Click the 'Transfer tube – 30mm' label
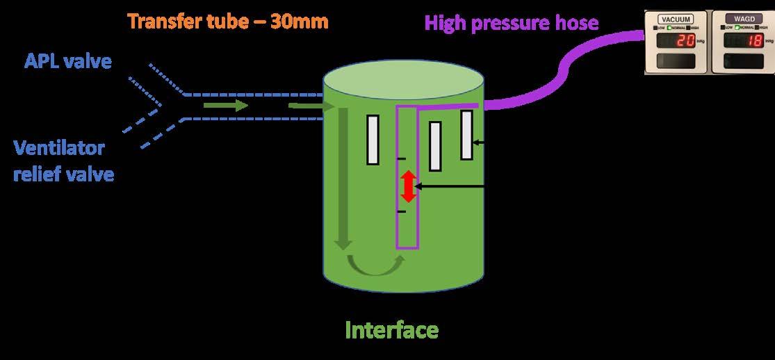pos(228,22)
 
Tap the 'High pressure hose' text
pos(512,23)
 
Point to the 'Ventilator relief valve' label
pos(63,160)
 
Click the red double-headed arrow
pos(409,187)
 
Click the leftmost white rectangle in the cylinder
pos(373,139)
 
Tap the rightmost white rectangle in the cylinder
pos(466,135)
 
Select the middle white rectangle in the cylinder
pos(435,146)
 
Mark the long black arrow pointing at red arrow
pos(452,187)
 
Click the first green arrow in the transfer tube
pos(226,106)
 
